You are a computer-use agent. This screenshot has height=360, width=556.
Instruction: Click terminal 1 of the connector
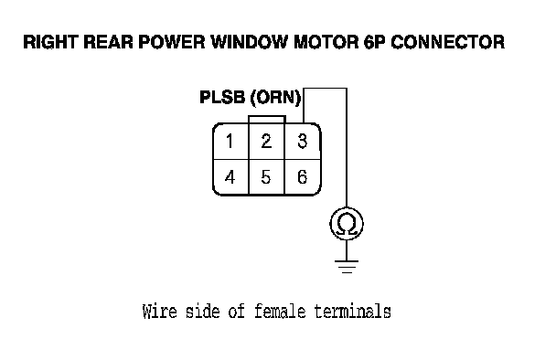230,142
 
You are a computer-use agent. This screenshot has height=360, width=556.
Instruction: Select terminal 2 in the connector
267,142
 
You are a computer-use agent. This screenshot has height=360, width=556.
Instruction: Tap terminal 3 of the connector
303,142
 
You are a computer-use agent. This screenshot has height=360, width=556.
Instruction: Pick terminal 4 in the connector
230,177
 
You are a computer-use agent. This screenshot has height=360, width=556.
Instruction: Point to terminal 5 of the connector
267,177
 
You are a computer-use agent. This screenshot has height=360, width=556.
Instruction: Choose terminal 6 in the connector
303,177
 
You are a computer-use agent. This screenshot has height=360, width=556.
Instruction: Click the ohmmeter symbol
347,224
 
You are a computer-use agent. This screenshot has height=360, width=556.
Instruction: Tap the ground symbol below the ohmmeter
347,267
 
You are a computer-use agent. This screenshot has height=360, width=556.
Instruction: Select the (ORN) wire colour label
275,98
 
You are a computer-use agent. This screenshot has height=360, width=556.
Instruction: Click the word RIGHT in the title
50,42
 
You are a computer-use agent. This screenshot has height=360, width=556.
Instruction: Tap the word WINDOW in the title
250,42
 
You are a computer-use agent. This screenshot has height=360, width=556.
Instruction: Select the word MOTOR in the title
326,42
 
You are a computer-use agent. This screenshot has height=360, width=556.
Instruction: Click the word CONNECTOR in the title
448,42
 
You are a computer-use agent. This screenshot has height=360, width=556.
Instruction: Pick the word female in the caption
280,312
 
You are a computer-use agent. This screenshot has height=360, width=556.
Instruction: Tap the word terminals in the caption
352,312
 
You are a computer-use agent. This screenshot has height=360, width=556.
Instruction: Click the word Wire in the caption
159,312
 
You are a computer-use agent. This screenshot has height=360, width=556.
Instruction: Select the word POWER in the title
172,42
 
